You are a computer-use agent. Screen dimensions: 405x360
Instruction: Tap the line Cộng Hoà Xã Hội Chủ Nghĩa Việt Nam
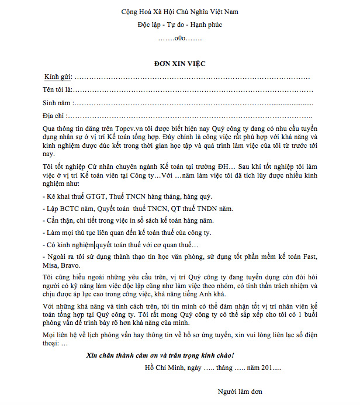179,12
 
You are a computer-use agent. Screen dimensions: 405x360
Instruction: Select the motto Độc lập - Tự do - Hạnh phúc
179,25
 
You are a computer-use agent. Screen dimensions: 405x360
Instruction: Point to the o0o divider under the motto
179,38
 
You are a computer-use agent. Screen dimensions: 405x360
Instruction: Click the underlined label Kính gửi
57,77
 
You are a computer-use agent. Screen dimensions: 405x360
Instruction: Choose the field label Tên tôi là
56,90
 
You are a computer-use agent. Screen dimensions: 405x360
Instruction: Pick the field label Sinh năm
56,103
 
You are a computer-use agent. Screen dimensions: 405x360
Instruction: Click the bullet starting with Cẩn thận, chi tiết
129,220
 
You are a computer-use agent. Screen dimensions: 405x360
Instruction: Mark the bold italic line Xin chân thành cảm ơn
160,355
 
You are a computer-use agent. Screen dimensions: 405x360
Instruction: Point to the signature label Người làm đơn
238,392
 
